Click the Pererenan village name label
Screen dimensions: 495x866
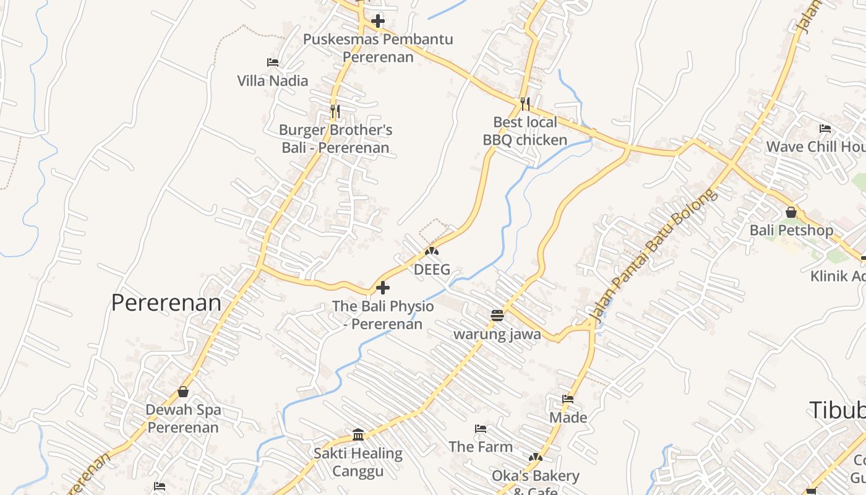166,303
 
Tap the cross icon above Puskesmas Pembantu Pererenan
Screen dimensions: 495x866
377,22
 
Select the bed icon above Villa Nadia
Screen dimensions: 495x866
272,62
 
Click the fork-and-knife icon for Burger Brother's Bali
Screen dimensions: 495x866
335,111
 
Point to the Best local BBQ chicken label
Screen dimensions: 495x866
525,131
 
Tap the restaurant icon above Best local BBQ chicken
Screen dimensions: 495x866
525,103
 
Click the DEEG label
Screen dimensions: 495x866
432,270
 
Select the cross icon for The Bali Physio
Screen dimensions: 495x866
383,288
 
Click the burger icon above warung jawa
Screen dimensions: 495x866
497,316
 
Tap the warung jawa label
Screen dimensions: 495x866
497,335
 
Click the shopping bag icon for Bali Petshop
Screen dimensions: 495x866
791,212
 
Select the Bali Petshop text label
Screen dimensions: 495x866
791,231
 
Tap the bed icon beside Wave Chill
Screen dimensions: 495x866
825,129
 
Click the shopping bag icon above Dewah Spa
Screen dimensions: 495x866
183,392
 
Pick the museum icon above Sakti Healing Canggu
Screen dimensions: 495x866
358,434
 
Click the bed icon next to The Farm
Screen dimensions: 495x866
481,428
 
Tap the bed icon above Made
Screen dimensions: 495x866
568,399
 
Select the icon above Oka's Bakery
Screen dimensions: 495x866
536,457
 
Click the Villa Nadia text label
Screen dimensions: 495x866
272,81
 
